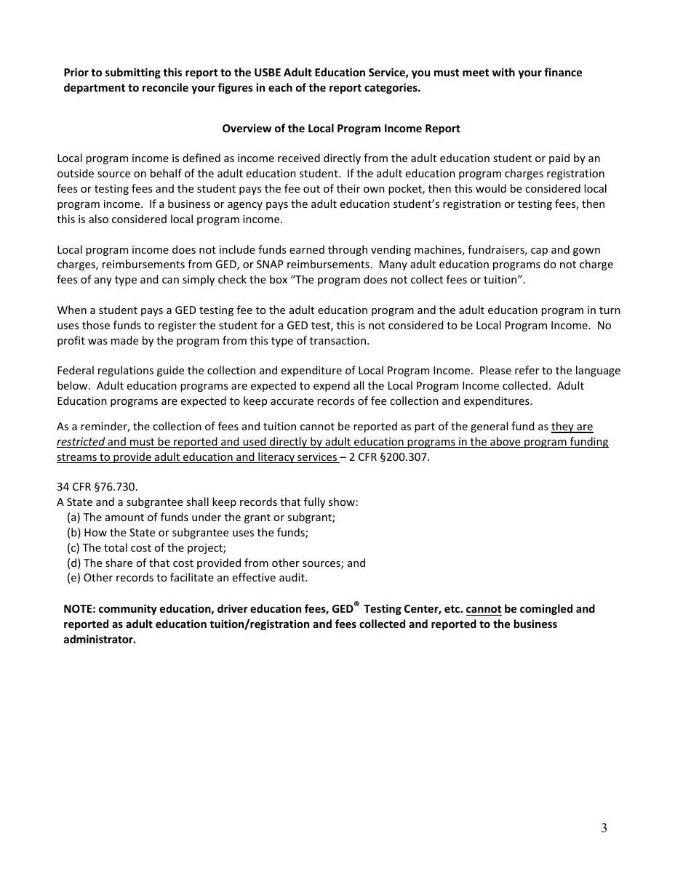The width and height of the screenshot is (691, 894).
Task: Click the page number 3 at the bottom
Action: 604,829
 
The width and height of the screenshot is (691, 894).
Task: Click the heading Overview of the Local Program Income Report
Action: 340,129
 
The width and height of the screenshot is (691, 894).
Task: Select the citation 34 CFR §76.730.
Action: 97,487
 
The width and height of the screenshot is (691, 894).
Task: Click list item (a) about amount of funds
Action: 201,518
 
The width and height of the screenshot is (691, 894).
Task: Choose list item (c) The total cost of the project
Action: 146,548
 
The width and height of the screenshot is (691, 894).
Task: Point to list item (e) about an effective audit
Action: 187,578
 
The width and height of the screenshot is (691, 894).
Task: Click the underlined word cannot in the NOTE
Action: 484,609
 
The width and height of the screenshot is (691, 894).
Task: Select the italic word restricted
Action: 81,442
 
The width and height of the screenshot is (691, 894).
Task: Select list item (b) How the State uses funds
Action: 187,533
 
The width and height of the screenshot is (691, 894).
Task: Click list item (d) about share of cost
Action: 216,563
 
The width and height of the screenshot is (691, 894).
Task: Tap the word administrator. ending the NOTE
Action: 100,640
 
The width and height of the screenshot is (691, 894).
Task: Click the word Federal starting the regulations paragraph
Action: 76,371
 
